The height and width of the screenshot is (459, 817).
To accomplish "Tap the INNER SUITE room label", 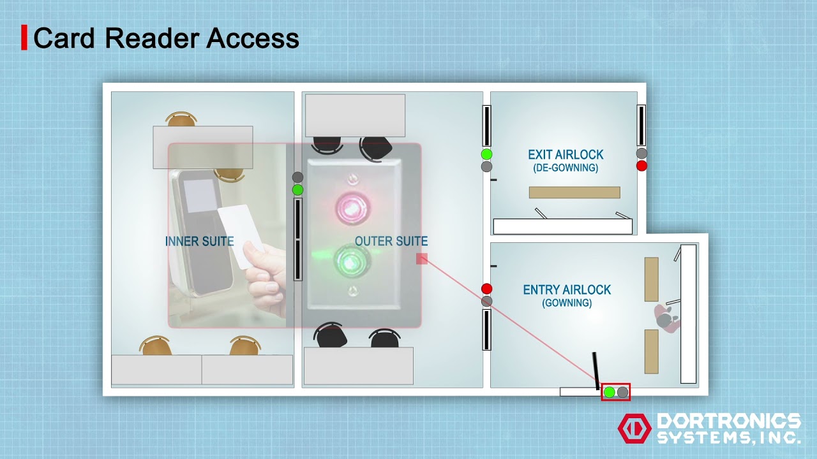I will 199,242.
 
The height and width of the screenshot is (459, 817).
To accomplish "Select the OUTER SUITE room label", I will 391,241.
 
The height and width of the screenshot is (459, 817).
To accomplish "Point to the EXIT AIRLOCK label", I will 566,155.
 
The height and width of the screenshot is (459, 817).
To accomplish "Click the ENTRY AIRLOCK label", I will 567,290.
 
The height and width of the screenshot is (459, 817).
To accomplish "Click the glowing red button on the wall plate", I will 349,207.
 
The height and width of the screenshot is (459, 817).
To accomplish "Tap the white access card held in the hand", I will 241,235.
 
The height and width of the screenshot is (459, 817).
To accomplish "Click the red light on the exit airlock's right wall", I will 641,166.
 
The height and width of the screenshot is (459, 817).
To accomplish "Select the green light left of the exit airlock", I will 486,154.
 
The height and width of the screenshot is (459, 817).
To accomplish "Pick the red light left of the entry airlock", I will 486,289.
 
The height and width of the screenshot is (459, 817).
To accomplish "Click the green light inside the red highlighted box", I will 609,392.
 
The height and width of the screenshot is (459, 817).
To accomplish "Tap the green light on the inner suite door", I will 297,190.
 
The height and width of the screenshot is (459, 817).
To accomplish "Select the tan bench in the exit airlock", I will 574,193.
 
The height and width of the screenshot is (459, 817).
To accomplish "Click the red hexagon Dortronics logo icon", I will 634,428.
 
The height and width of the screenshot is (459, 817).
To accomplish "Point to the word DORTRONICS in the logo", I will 728,421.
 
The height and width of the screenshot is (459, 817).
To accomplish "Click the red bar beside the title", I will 24,38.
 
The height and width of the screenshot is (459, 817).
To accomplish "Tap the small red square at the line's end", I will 421,258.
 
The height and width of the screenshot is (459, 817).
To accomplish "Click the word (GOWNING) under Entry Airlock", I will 567,303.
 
